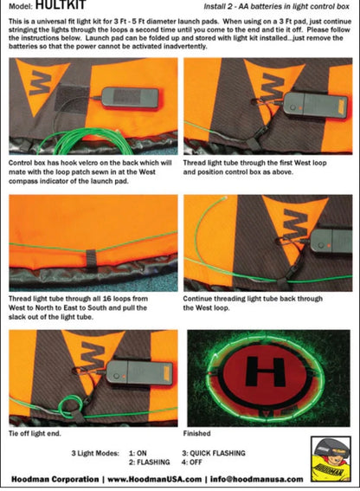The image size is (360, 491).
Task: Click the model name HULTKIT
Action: click(61, 4)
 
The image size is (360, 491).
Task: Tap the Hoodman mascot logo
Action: click(331, 459)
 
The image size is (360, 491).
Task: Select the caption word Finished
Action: click(196, 433)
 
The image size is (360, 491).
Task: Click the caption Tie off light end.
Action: click(35, 433)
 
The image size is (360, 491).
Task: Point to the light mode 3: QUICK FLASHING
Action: click(214, 453)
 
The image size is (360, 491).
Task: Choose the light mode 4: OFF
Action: click(192, 462)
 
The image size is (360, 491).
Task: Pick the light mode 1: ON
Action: click(138, 453)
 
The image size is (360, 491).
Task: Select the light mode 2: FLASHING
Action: click(150, 462)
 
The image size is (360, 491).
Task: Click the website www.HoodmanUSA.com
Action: click(155, 479)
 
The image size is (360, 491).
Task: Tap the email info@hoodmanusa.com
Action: click(257, 479)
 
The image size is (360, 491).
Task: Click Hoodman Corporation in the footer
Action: click(55, 479)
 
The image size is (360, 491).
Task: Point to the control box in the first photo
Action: click(130, 98)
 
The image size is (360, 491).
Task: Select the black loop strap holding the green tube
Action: click(91, 258)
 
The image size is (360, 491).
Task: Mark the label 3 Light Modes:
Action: click(95, 453)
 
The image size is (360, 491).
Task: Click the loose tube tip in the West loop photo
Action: click(226, 197)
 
